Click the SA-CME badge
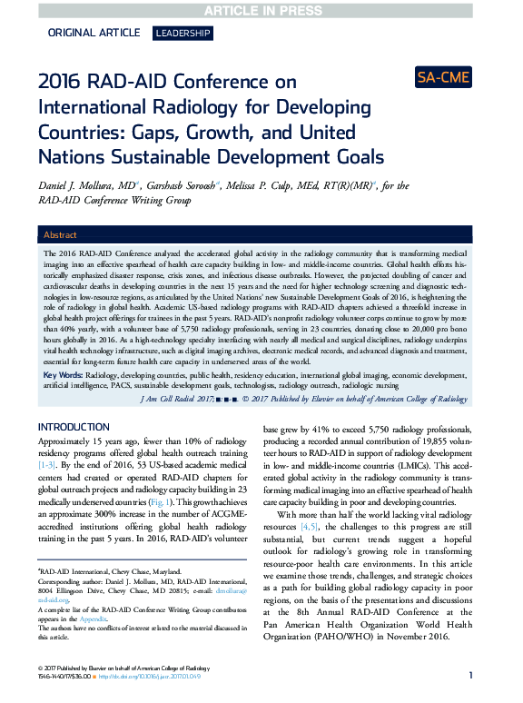pos(443,77)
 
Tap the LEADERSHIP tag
pos(183,34)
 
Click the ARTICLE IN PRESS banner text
pos(261,9)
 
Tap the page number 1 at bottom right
pos(470,676)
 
